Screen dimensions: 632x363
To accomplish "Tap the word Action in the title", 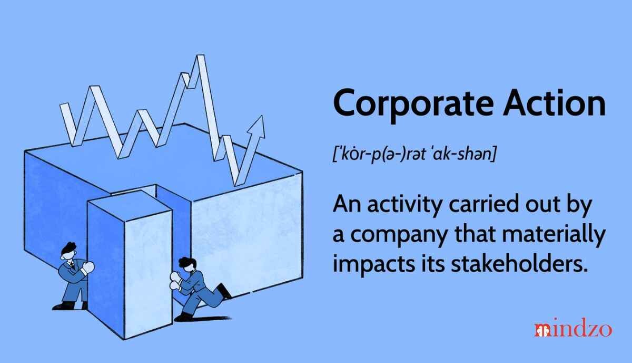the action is [x=555, y=102].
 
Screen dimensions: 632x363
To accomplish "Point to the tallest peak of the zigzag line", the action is [x=200, y=56].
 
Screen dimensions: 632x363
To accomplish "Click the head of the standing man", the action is [x=68, y=251].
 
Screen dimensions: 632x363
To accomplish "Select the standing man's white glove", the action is [x=88, y=267].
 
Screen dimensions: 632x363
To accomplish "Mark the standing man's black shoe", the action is [x=64, y=306].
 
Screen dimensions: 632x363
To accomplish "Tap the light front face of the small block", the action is [x=149, y=274].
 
